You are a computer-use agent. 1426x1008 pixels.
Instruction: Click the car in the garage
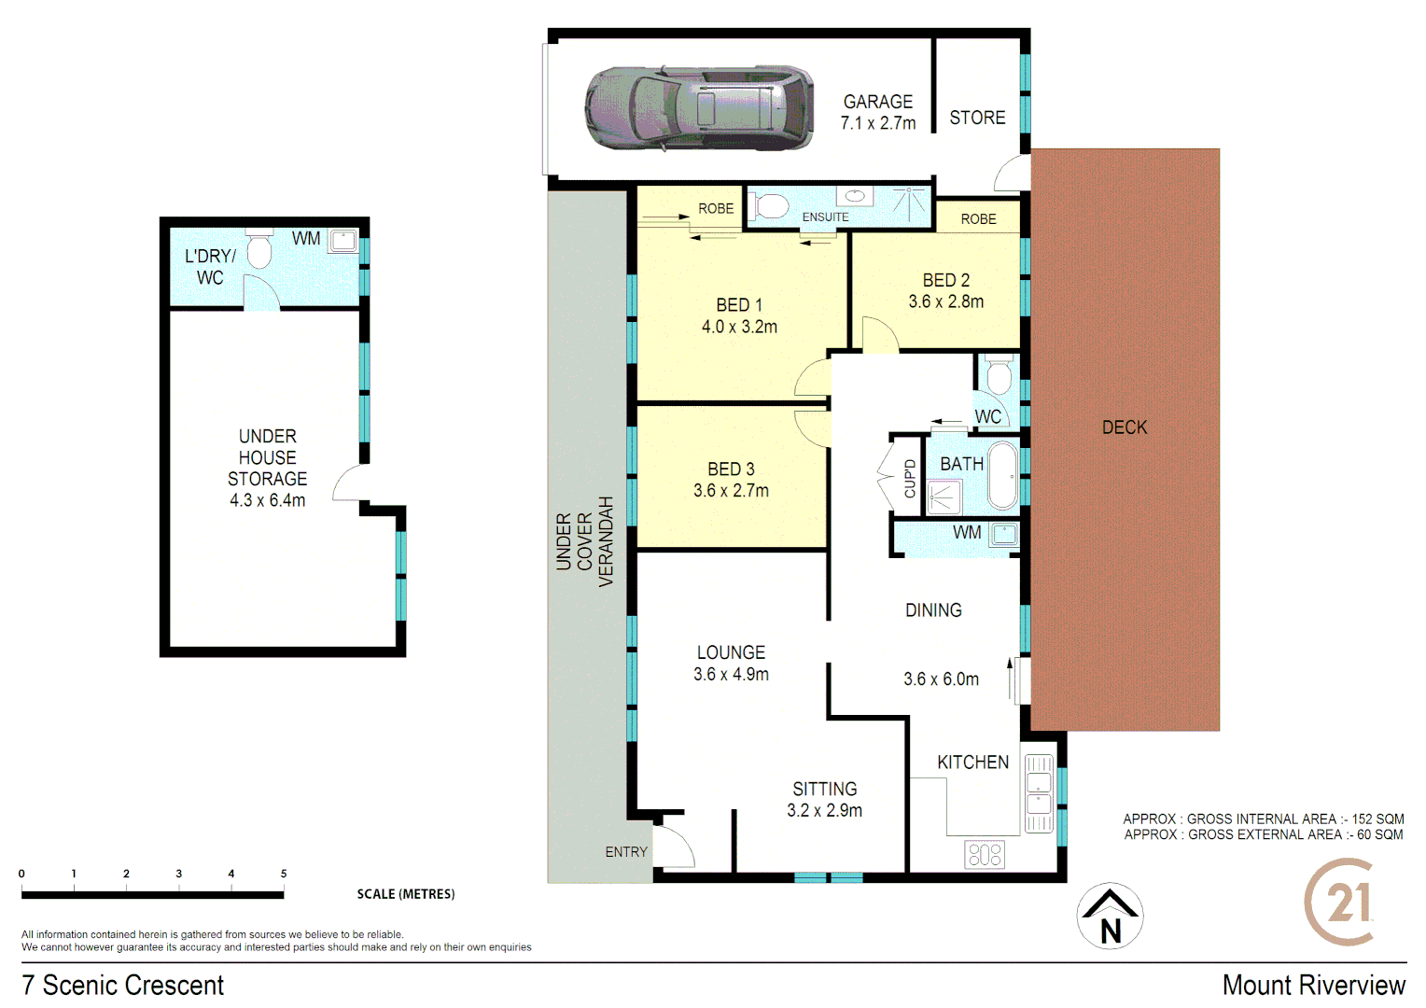pos(698,108)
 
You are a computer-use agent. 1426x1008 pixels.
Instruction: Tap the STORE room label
pos(977,118)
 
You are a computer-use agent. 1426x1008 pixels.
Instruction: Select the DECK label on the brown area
pos(1124,427)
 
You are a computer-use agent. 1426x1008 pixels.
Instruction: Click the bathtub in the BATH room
pos(1002,475)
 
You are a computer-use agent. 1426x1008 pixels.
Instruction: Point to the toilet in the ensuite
pos(770,205)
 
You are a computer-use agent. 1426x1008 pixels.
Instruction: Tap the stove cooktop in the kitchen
pos(985,854)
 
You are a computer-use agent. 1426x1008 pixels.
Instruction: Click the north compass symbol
pos(1110,917)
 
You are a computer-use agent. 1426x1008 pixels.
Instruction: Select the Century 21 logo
pos(1340,903)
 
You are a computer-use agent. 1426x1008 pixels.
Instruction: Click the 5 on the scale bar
pos(284,874)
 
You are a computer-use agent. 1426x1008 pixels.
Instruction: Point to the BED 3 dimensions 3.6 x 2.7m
pos(731,491)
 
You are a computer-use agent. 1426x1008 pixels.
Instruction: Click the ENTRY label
pos(625,852)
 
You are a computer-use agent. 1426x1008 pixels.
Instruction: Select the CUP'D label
pos(910,479)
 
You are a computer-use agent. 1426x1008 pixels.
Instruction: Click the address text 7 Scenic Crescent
pos(122,985)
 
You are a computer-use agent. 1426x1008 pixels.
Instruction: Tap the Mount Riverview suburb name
pos(1313,985)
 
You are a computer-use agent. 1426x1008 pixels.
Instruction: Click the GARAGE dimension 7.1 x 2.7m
pos(877,123)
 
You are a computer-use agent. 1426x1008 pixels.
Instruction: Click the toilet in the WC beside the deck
pos(998,375)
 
